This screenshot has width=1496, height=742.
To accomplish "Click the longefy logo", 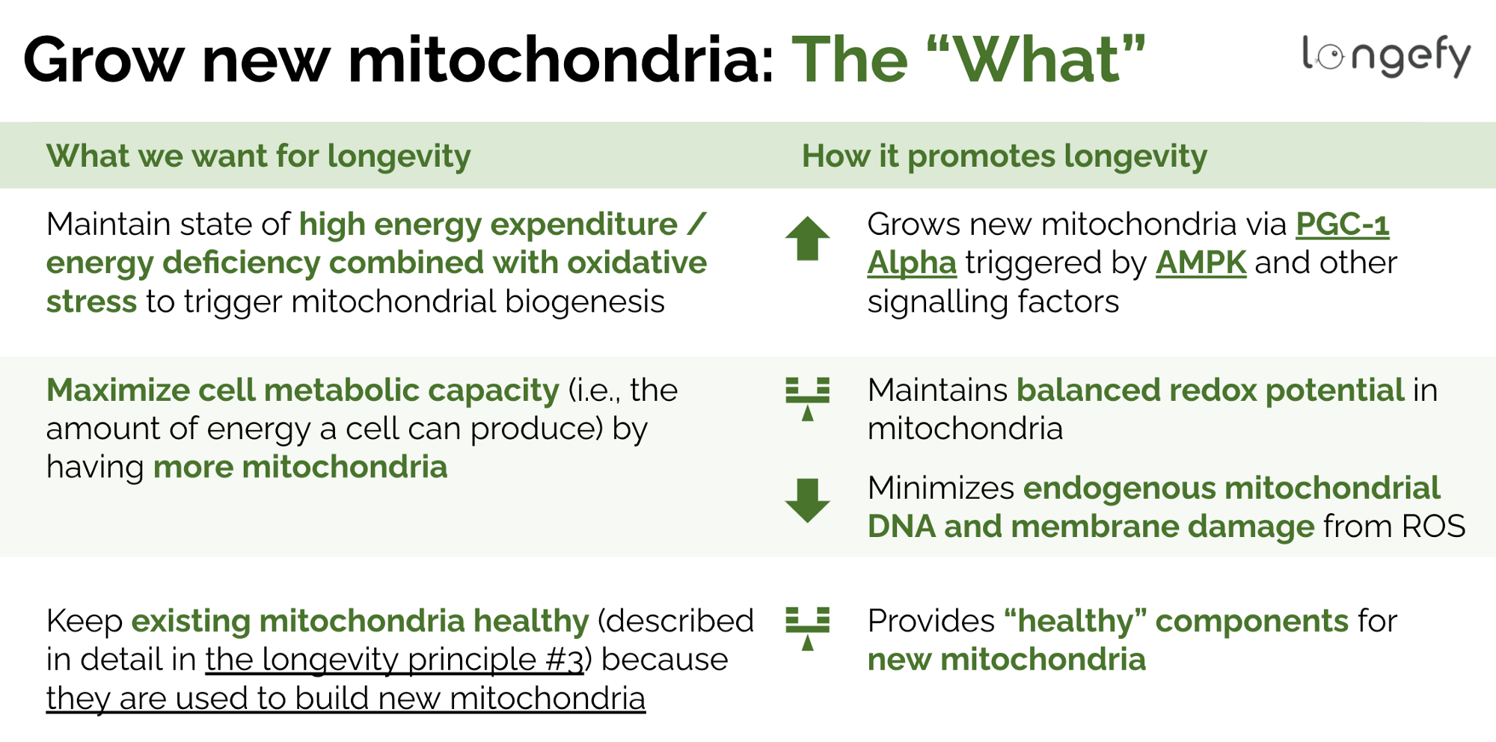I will point(1386,55).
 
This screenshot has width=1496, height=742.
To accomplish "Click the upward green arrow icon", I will point(807,239).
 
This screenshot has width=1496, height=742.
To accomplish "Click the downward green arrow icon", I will point(807,500).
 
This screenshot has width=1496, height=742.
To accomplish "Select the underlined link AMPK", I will point(1201,263).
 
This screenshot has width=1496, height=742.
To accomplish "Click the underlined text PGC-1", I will point(1342,224).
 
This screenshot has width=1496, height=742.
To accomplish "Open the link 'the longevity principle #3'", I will point(394,660).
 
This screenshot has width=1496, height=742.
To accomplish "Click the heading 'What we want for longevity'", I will point(258,156).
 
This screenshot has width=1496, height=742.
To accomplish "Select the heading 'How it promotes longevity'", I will point(1004,156).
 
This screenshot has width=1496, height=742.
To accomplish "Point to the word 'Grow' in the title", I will point(103,60).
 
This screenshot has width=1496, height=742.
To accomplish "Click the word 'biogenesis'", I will point(584,302).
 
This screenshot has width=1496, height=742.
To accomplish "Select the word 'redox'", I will point(1212,390).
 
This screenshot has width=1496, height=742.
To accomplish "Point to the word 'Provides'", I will point(931,622).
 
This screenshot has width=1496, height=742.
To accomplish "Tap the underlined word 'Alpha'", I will point(912,263).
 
